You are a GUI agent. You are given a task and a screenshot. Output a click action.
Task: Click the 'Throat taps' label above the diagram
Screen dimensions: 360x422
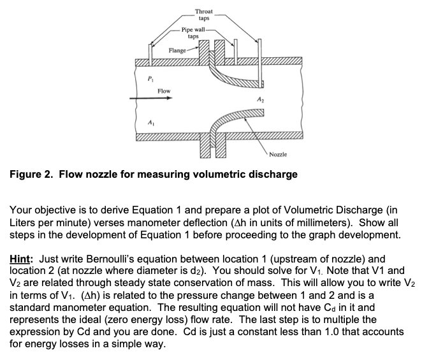coord(204,15)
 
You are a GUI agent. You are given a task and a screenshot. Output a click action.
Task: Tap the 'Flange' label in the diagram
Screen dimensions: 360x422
coord(177,50)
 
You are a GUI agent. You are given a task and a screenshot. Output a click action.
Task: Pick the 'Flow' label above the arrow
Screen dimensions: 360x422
coord(164,91)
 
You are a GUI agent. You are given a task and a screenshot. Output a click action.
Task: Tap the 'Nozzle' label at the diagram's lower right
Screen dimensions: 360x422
coord(278,154)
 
